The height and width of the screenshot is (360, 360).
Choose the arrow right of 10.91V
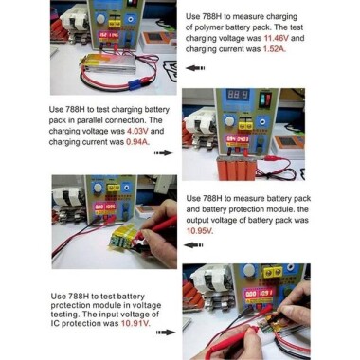click(x=169, y=333)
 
